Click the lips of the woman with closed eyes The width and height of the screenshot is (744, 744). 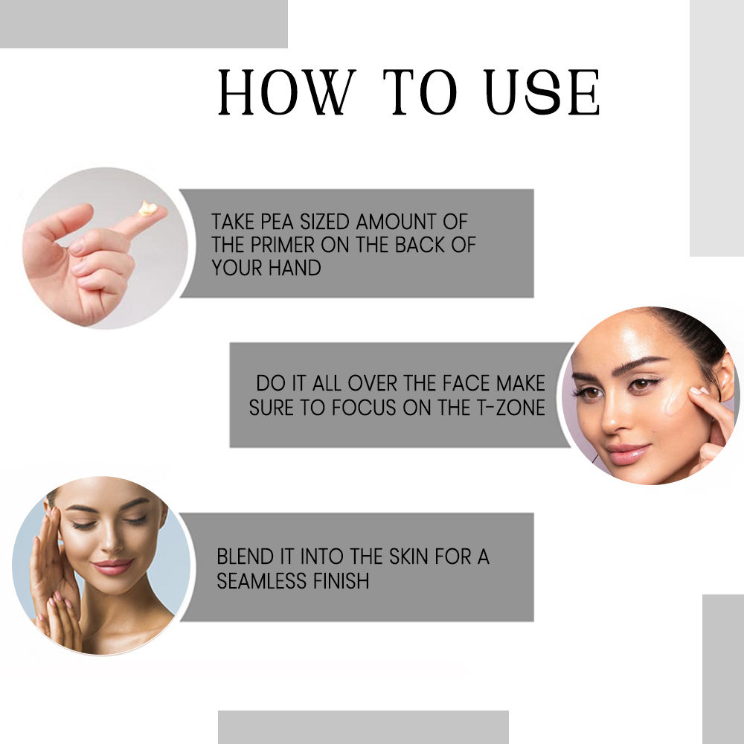(112, 567)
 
